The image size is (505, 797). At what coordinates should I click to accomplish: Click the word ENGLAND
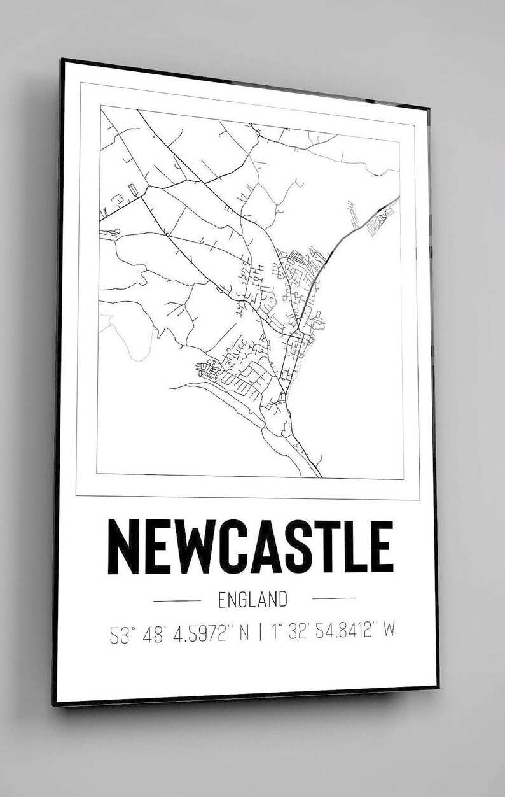(x=253, y=599)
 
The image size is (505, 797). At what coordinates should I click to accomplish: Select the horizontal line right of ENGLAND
(x=335, y=598)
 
